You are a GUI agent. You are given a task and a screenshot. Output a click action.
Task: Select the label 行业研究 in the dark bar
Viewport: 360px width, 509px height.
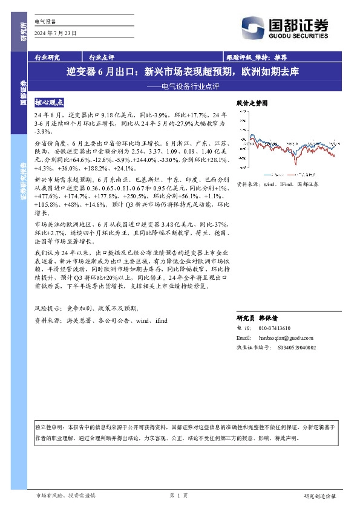tap(48, 57)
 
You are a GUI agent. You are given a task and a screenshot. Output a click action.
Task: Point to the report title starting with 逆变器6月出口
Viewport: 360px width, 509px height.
tap(182, 71)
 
